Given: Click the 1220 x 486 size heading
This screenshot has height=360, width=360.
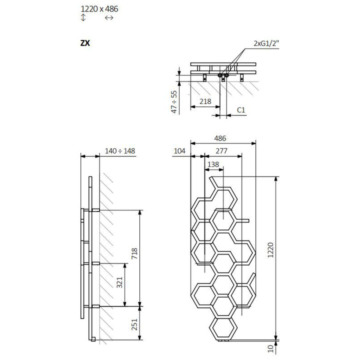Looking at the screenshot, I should [x=99, y=8].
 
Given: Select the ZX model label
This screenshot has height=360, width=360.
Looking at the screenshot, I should [x=85, y=43].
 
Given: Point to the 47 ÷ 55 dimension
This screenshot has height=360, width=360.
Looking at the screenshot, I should [x=174, y=102].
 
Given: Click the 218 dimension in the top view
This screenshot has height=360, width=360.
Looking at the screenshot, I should [x=205, y=101].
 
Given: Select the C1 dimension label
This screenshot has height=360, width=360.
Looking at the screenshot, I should [x=241, y=109].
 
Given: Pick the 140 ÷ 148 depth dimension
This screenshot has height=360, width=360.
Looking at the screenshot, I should [x=120, y=150].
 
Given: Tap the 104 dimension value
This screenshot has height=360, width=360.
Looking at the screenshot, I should [x=179, y=150].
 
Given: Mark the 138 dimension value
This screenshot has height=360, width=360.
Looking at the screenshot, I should [x=213, y=164].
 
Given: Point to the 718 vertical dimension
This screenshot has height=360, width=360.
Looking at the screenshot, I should [x=133, y=254].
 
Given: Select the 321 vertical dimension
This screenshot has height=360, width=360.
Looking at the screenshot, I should [x=119, y=283].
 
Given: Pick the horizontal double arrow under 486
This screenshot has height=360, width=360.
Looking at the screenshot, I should [x=109, y=18].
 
